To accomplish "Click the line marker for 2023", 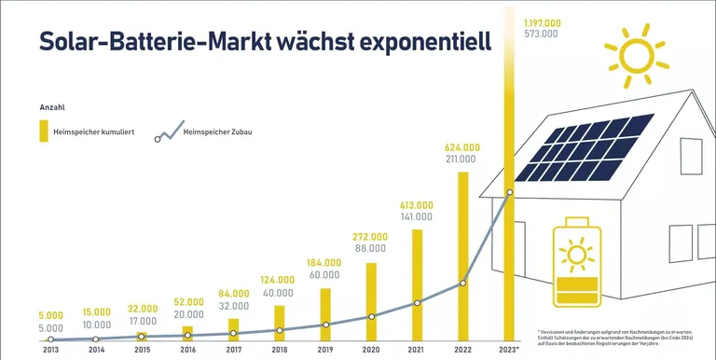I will [508, 193].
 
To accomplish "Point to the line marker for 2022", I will [462, 283].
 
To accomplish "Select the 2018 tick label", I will [279, 351].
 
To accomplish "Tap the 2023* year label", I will [509, 351].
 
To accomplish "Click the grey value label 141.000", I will [417, 216].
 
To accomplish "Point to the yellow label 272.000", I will [371, 237].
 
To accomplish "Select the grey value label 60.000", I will [325, 276].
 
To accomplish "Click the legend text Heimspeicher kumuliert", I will [94, 132].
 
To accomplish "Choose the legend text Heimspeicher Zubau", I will [218, 132].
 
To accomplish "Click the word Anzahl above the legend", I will [51, 107].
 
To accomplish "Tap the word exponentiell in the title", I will [397, 42].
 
